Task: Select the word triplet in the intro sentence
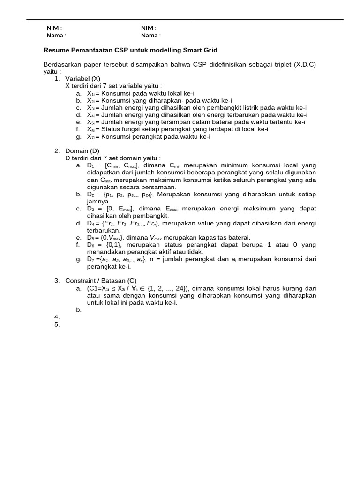click(278, 64)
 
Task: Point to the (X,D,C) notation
click(305, 64)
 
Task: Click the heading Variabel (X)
click(82, 79)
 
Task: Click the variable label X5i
click(90, 122)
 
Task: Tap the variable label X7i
click(90, 137)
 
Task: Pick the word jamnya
click(98, 202)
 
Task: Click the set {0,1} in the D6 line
click(113, 245)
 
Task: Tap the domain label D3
click(90, 209)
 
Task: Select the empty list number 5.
click(57, 324)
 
